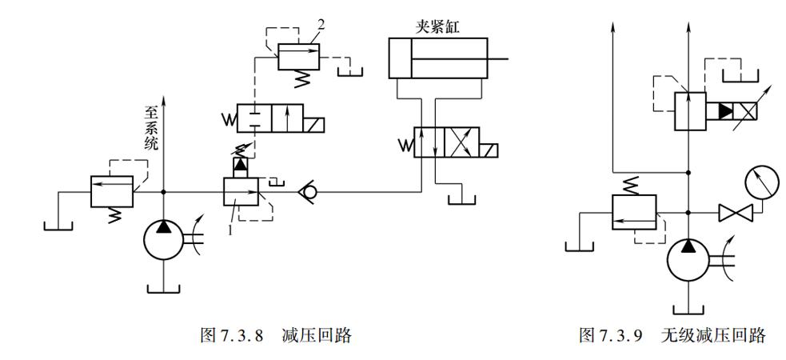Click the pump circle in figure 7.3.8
point(164,241)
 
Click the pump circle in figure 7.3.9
point(688,262)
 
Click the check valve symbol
point(305,192)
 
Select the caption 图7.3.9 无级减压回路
point(672,335)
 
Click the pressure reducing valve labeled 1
point(242,192)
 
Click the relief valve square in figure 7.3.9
point(633,213)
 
